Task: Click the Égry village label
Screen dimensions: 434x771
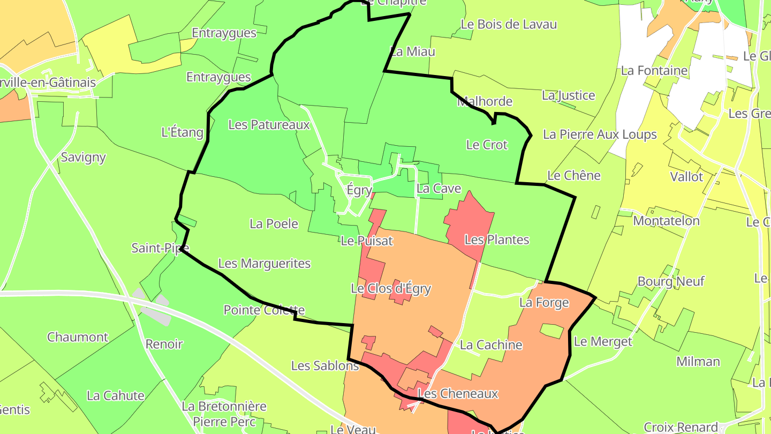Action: [x=359, y=191]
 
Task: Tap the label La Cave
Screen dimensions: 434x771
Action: [x=439, y=189]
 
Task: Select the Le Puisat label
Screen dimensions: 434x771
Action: [x=367, y=241]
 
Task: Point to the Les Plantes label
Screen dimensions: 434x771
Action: [x=497, y=240]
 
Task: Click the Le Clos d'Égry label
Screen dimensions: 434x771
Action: [x=391, y=289]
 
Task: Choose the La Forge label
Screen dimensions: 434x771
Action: [x=544, y=303]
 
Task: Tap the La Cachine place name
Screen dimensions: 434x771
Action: [x=491, y=345]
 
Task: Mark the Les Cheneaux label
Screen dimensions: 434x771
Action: [x=458, y=394]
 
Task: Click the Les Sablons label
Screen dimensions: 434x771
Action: [x=325, y=366]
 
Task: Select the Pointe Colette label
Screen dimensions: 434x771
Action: [x=264, y=310]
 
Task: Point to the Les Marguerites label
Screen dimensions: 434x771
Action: [x=264, y=264]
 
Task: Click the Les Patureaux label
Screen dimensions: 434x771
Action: [x=269, y=125]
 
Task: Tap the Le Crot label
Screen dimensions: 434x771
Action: [x=487, y=145]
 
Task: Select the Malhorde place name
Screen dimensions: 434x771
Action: [x=485, y=101]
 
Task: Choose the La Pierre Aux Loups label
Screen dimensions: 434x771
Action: [x=600, y=134]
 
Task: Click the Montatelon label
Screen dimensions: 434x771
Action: [x=666, y=221]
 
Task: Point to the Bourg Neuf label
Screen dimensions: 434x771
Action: [x=671, y=281]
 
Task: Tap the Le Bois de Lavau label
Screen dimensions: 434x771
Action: [x=509, y=25]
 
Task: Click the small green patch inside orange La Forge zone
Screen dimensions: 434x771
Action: [x=552, y=331]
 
